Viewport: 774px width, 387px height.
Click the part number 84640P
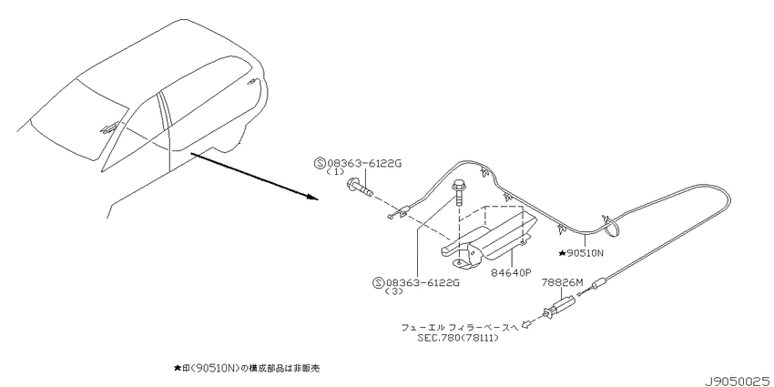(x=511, y=272)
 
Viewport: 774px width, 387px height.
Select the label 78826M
(x=562, y=283)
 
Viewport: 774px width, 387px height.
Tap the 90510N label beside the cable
(x=586, y=253)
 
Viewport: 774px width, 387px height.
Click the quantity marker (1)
(x=335, y=173)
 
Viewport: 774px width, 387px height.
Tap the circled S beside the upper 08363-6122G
(x=320, y=163)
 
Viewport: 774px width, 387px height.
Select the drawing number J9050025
(x=738, y=381)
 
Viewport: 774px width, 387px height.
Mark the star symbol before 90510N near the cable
(x=562, y=253)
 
